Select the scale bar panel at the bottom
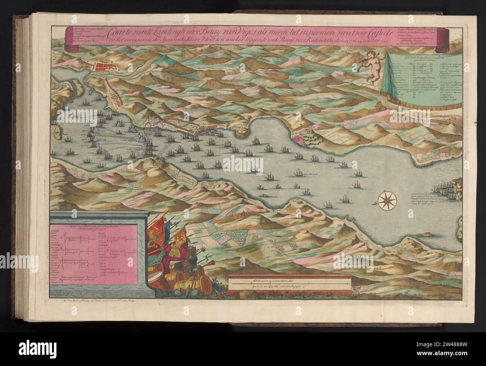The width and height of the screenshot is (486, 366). pyautogui.click(x=290, y=285)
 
